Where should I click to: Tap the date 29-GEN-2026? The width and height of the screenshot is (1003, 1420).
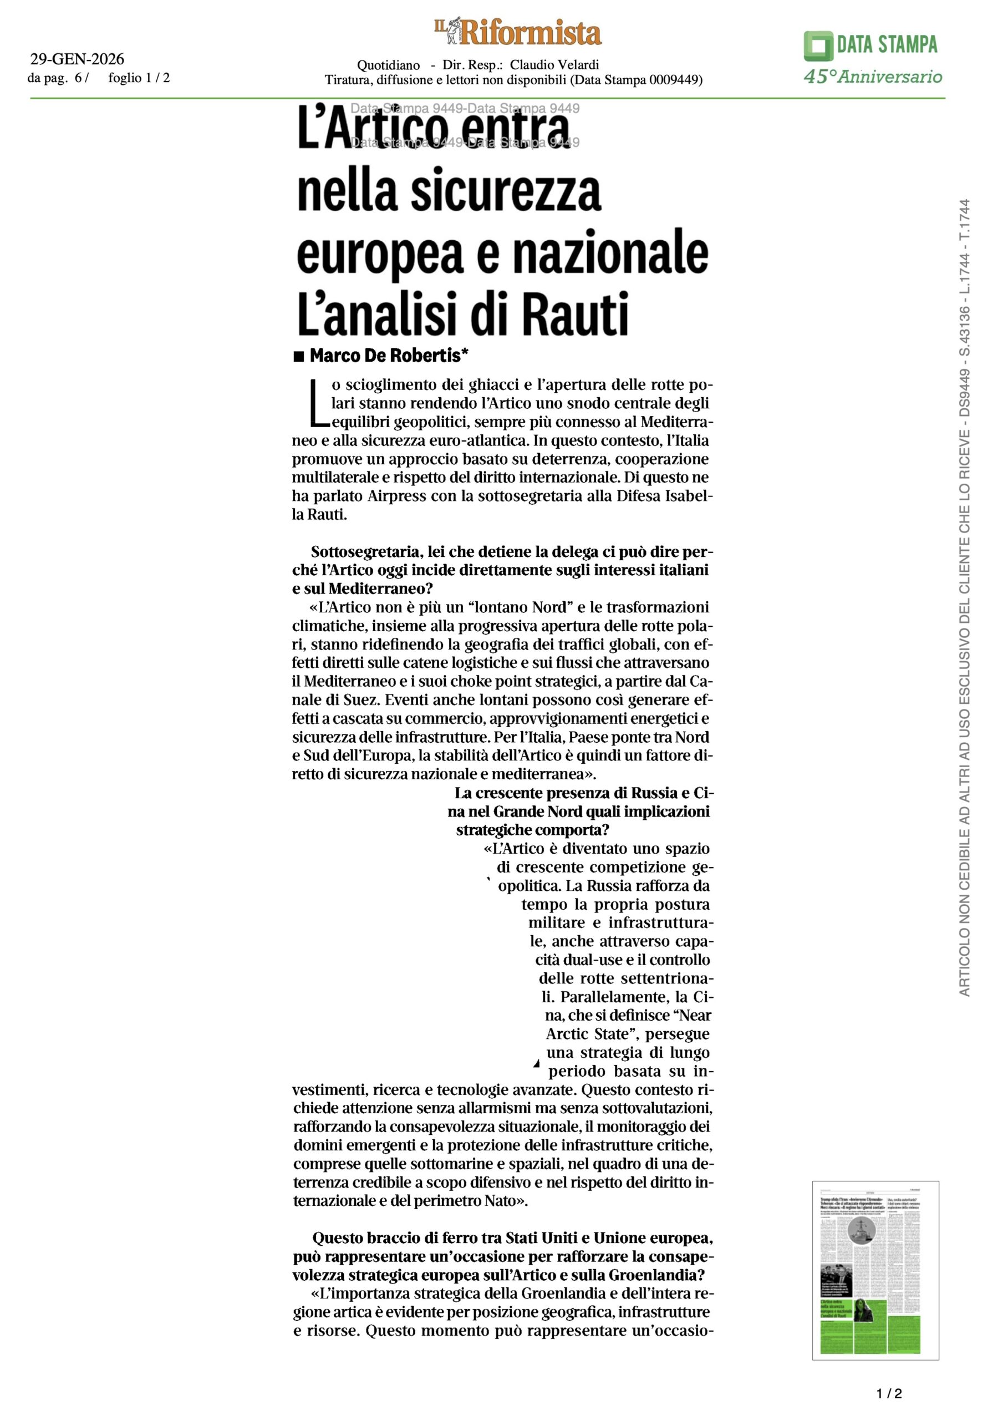[x=77, y=59]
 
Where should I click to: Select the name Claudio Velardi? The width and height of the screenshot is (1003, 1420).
[x=554, y=65]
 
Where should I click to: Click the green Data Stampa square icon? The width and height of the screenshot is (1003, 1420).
[x=818, y=46]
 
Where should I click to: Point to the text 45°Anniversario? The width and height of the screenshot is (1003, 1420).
[x=873, y=77]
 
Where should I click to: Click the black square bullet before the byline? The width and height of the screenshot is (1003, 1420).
[x=299, y=356]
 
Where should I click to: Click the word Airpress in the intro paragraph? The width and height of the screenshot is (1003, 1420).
[x=396, y=496]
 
